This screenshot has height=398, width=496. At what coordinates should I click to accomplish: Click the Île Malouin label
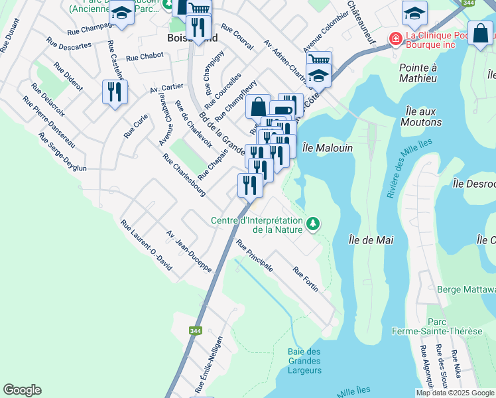(327, 148)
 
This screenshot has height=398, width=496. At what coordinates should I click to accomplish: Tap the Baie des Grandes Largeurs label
(305, 361)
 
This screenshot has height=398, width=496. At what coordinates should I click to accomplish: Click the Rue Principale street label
(255, 256)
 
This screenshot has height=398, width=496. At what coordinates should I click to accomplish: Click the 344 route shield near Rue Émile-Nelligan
(195, 330)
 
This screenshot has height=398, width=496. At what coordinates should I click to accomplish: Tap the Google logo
(22, 390)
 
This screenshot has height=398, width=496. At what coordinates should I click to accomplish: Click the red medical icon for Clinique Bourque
(396, 39)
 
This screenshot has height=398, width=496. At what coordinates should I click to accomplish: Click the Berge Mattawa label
(467, 289)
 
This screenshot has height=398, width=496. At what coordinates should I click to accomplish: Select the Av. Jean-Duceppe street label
(188, 251)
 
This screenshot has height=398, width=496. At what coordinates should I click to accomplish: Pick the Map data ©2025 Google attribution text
(454, 393)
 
